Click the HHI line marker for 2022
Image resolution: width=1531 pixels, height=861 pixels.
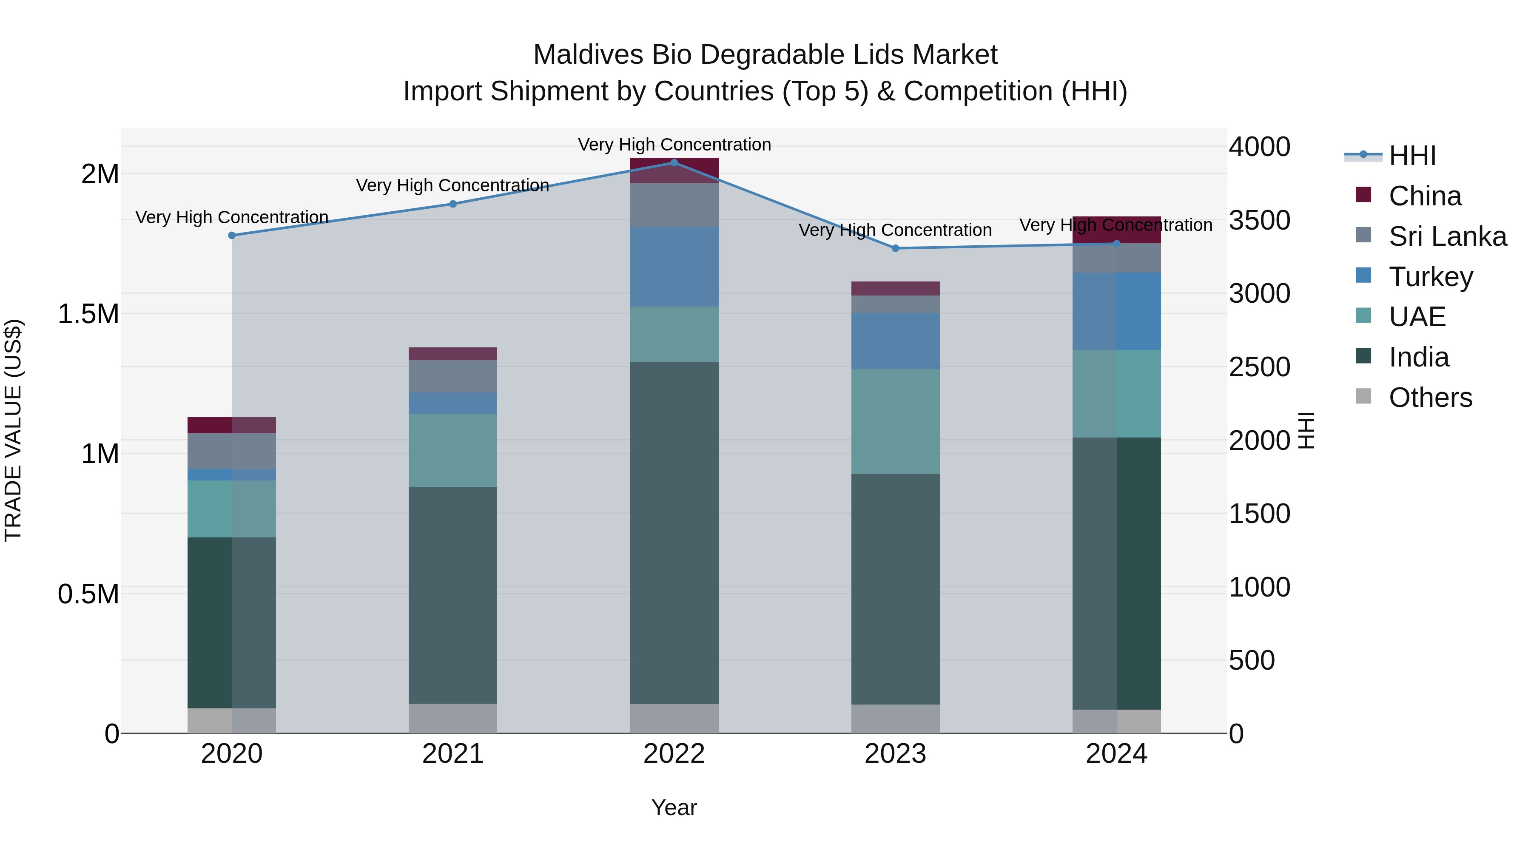pyautogui.click(x=674, y=162)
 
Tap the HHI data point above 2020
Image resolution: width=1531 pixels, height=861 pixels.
pyautogui.click(x=232, y=235)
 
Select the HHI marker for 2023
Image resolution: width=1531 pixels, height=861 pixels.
pyautogui.click(x=896, y=248)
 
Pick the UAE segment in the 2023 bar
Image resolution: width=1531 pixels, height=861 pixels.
pyautogui.click(x=896, y=421)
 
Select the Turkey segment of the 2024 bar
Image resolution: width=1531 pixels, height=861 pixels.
pyautogui.click(x=1116, y=311)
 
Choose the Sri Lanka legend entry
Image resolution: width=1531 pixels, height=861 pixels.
pyautogui.click(x=1447, y=236)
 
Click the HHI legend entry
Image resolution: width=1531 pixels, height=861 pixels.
pyautogui.click(x=1412, y=156)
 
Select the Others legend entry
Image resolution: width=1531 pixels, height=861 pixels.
pyautogui.click(x=1430, y=398)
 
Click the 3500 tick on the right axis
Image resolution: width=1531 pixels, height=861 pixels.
pyautogui.click(x=1259, y=220)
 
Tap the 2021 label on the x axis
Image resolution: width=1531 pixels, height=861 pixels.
pyautogui.click(x=453, y=754)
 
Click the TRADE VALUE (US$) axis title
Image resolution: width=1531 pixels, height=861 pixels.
pyautogui.click(x=13, y=430)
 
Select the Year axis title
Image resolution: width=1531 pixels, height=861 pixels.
pyautogui.click(x=674, y=807)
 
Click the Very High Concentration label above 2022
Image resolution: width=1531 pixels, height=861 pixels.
pyautogui.click(x=674, y=145)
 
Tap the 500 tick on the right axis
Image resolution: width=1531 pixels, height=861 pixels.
pyautogui.click(x=1252, y=660)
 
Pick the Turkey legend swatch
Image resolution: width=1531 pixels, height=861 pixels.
pyautogui.click(x=1363, y=276)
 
